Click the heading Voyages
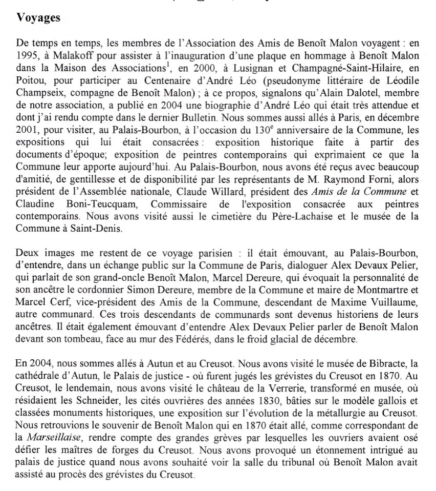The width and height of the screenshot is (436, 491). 38,18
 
